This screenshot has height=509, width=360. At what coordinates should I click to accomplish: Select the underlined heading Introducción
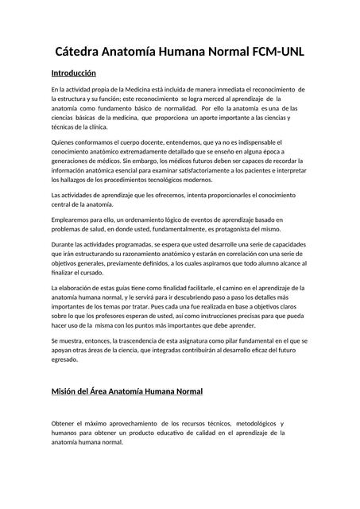pos(79,72)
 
